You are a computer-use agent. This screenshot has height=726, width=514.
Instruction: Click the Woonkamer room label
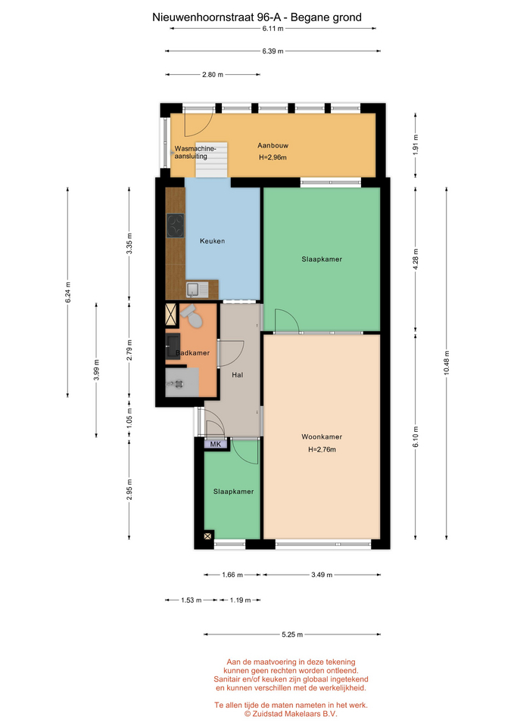pyautogui.click(x=322, y=436)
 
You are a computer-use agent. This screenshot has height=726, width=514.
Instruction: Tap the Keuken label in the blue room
pyautogui.click(x=212, y=240)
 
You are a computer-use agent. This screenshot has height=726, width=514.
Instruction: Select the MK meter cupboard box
pyautogui.click(x=216, y=444)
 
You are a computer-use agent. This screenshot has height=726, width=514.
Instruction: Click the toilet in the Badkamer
pyautogui.click(x=192, y=316)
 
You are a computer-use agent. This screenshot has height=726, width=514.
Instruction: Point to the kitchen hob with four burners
pyautogui.click(x=176, y=225)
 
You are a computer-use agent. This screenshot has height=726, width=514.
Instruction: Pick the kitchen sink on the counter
pyautogui.click(x=197, y=290)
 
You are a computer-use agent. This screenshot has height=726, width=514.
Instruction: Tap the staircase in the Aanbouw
pyautogui.click(x=211, y=160)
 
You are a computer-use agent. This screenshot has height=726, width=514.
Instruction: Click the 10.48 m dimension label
pyautogui.click(x=447, y=362)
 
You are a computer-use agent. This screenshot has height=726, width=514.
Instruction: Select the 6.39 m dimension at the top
pyautogui.click(x=273, y=51)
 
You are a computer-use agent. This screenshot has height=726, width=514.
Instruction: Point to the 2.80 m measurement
pyautogui.click(x=212, y=74)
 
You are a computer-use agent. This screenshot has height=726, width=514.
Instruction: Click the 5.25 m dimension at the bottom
pyautogui.click(x=292, y=634)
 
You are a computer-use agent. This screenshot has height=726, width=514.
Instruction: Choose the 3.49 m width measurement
pyautogui.click(x=322, y=575)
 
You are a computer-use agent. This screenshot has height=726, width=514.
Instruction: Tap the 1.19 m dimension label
pyautogui.click(x=240, y=600)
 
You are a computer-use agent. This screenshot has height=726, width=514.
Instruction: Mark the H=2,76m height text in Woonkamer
pyautogui.click(x=322, y=449)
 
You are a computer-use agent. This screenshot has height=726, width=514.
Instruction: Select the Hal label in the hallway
pyautogui.click(x=237, y=375)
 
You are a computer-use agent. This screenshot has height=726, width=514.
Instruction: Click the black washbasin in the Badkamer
pyautogui.click(x=173, y=346)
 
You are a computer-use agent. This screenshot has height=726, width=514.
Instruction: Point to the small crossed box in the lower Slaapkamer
pyautogui.click(x=208, y=535)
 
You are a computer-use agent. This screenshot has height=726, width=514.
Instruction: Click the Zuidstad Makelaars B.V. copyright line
pyautogui.click(x=291, y=713)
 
